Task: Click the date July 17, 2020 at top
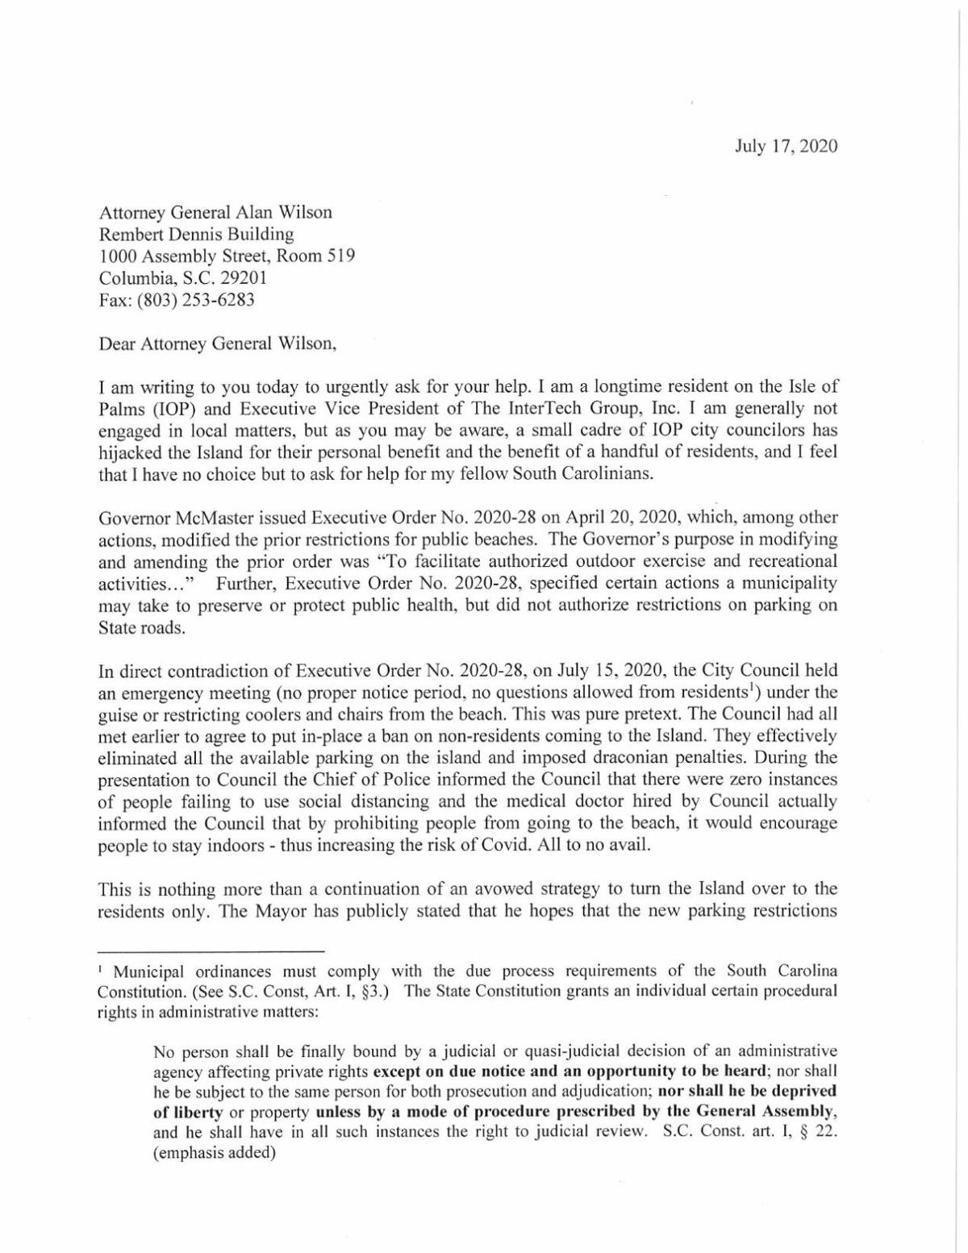point(786,146)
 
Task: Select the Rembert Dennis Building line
point(196,235)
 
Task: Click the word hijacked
point(129,452)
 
